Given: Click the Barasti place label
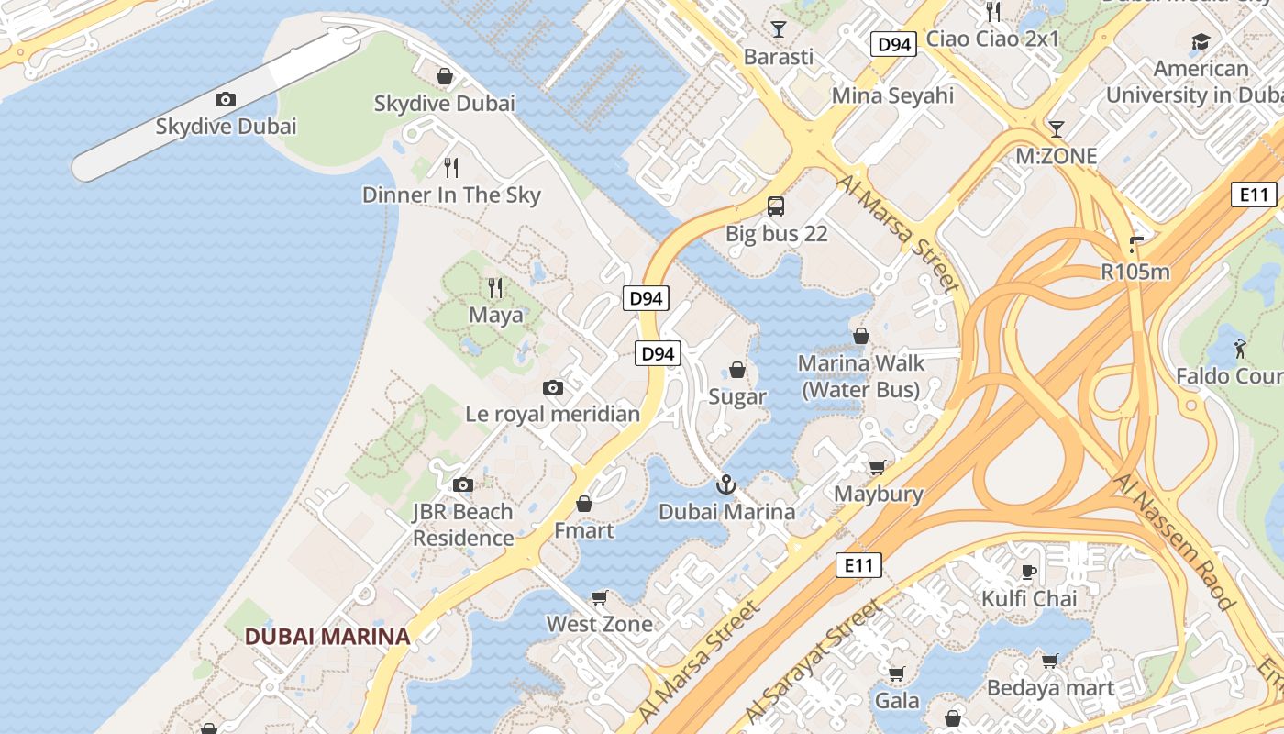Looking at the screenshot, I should coord(778,57).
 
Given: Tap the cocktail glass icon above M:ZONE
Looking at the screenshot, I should coord(1057,128).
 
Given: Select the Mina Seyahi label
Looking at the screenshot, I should coord(892,95).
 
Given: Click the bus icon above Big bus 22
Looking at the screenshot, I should coord(776,206).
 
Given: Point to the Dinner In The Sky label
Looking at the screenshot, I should coord(451,195).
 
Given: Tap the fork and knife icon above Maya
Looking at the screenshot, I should coord(495,288).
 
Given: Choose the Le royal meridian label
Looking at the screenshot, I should coord(552,414).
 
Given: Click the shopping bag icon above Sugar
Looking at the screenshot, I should coord(737,370).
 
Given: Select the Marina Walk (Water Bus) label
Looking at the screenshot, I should coord(860,376).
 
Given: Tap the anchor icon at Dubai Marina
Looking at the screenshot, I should coord(726,484).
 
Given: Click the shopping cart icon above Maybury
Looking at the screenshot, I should coord(878,467).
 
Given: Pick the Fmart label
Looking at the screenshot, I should coord(584,530).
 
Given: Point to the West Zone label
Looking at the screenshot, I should coord(600,624).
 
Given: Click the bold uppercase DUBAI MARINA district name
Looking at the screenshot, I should coord(327,636).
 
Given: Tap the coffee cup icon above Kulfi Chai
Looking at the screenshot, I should coord(1029,572).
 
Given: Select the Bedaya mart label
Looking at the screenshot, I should coord(1050,687).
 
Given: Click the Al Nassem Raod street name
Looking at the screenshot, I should coord(1174,541).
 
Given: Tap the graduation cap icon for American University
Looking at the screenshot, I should coord(1200,41).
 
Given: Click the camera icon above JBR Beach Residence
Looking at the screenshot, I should coord(463,484).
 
